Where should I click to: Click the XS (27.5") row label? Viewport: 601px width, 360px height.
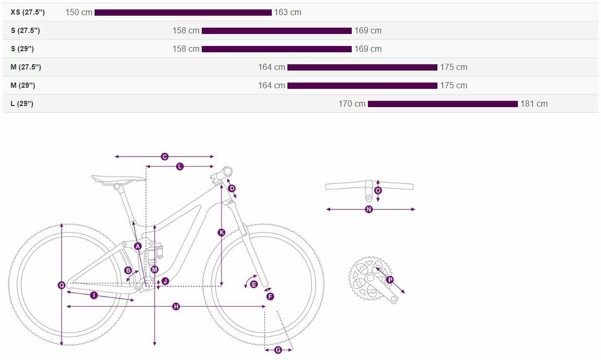point(28,12)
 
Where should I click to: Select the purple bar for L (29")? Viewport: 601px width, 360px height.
point(443,104)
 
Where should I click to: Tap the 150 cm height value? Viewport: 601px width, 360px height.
point(78,12)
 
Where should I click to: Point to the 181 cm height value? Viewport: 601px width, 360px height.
point(534,103)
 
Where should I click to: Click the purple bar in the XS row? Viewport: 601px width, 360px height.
point(183,13)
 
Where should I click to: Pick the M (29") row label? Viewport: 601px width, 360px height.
point(22,85)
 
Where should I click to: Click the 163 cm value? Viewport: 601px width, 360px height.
point(287,12)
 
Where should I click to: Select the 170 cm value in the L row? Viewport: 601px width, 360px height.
point(352,103)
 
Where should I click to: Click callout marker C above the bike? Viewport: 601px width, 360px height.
point(165,156)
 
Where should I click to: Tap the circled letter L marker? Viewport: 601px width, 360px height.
point(180,166)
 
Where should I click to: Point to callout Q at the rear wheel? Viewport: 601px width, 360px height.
point(62,285)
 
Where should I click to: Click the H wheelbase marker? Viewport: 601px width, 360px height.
point(176,306)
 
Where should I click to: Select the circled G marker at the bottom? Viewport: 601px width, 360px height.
point(278,350)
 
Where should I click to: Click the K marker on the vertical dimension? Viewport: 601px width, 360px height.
point(222,233)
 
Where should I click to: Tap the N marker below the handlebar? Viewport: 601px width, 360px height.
point(369,210)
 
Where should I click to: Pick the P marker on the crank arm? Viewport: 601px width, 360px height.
point(390,280)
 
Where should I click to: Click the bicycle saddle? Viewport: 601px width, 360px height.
point(119,179)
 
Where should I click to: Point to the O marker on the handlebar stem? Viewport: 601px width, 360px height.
point(378,191)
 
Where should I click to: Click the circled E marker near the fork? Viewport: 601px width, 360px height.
point(253,284)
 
